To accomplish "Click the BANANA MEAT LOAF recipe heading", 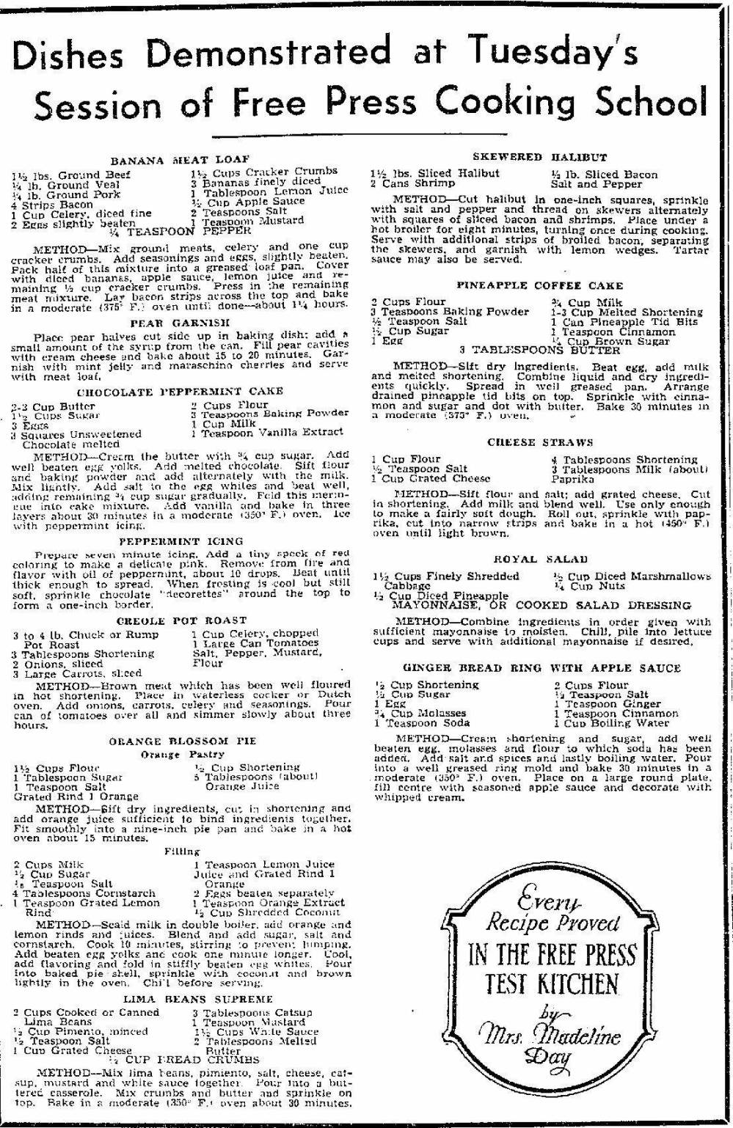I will pos(180,159).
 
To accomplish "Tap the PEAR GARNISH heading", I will pos(180,322).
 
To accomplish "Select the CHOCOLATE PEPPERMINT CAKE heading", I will pos(180,392).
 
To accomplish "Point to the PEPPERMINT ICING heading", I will pos(180,541).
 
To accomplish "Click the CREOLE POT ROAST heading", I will pos(180,620).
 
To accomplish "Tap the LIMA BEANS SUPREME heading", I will pos(180,999).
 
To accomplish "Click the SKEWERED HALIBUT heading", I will pos(540,157).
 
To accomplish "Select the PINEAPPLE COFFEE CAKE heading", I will pos(540,285).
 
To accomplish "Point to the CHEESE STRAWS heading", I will pos(540,442).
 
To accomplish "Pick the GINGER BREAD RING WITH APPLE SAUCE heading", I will pos(541,668).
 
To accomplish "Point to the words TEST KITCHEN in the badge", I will pos(552,984).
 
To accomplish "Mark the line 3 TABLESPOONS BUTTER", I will pos(539,351).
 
